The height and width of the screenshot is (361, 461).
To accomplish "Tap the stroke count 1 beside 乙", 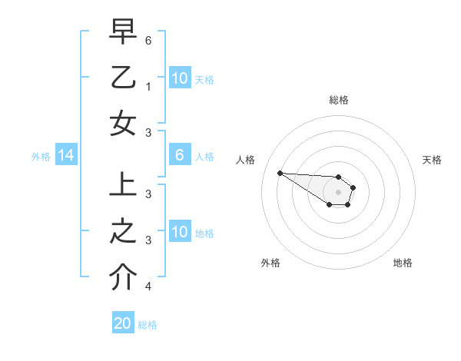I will pos(148,87).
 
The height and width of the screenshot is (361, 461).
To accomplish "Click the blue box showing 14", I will pos(65,156).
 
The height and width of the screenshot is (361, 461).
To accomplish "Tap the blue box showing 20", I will pos(123,323).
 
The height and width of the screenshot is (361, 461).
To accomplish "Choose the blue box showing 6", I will pos(180,156).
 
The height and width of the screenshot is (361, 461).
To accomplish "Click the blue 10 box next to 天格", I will pos(180,78).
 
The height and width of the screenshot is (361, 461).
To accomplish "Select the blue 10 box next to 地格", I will pos(180,232).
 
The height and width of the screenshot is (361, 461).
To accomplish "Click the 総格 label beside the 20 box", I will pos(148,325).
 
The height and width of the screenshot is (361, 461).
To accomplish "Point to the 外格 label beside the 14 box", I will pos(41,157).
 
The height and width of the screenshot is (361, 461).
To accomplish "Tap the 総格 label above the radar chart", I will pos(338,100).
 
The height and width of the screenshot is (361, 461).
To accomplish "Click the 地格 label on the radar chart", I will pos(403,263).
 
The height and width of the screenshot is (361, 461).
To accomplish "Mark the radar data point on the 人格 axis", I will pos(280,173).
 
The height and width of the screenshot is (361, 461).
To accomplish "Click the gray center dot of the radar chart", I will pos(338,192).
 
